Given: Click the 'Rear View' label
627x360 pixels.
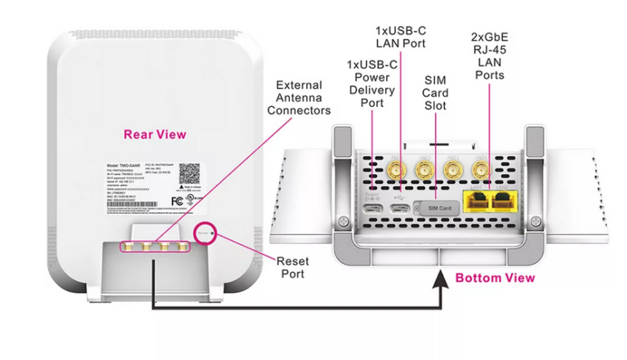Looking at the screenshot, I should click(x=154, y=134).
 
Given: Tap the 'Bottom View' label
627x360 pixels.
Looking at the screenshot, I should click(x=495, y=278).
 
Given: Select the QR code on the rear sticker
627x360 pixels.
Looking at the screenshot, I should click(x=189, y=174).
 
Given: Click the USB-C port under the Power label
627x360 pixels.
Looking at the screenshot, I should click(x=372, y=209).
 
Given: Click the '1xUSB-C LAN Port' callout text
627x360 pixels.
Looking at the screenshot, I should click(x=400, y=36).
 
